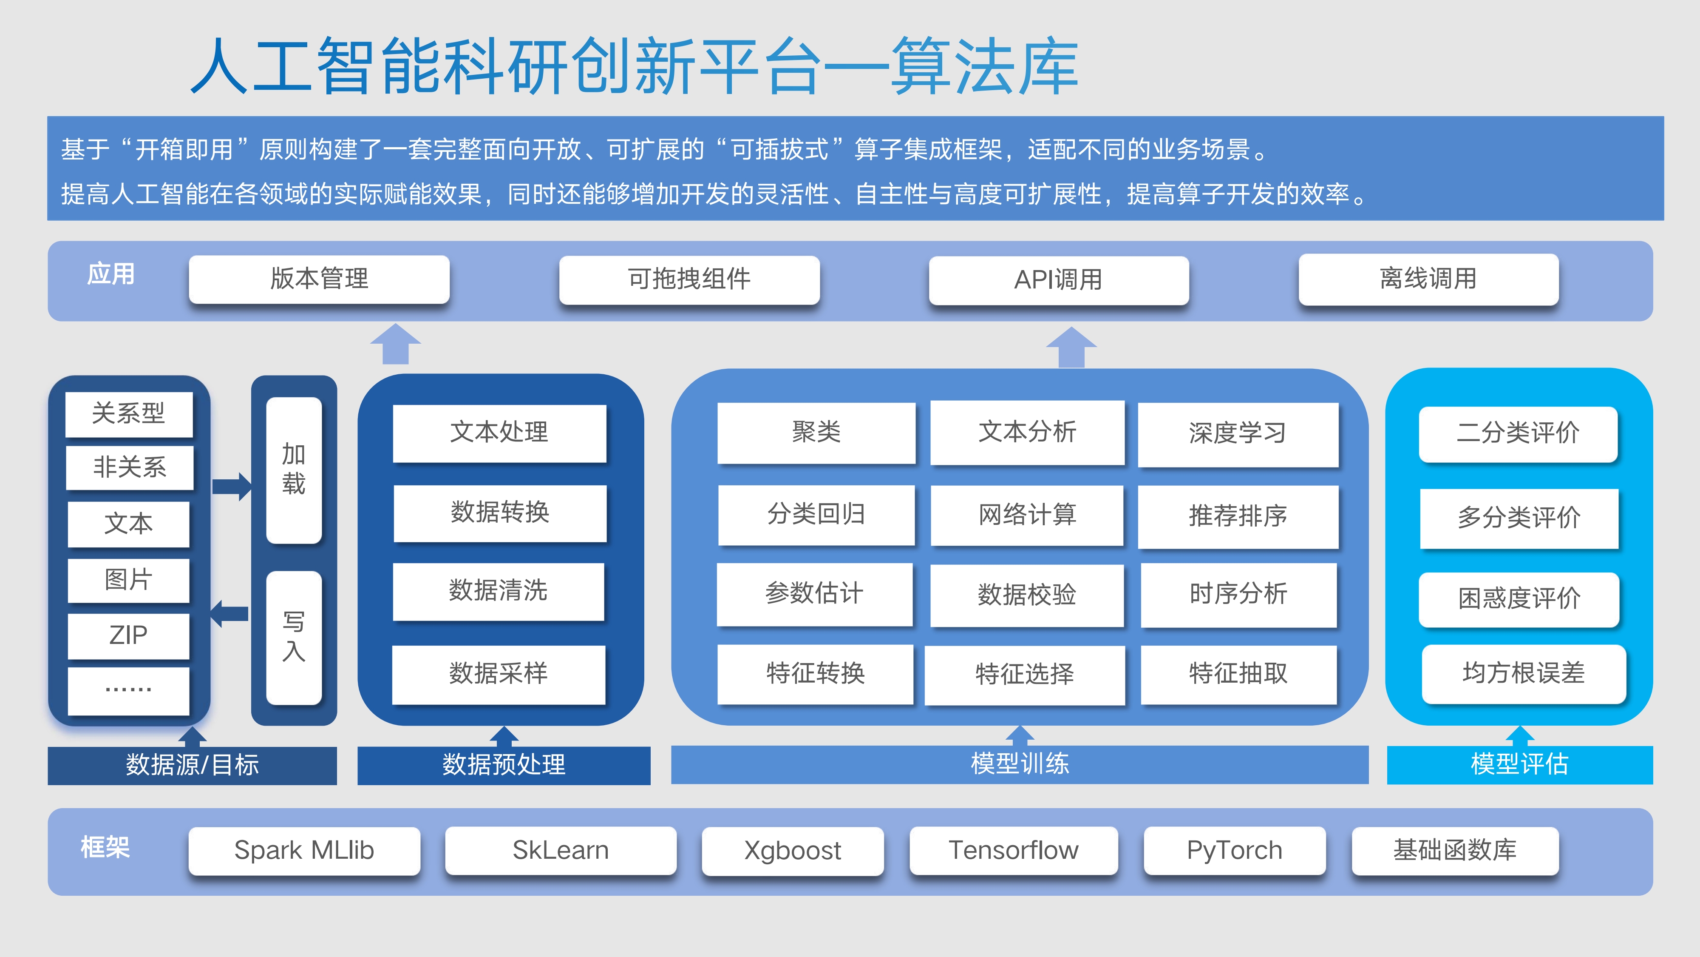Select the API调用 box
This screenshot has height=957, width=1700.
(x=1059, y=280)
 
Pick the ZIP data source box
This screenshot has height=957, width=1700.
(x=129, y=635)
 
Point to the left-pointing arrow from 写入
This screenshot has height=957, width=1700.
(x=229, y=614)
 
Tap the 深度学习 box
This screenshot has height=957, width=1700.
(x=1238, y=434)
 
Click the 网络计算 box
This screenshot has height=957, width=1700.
(x=1027, y=515)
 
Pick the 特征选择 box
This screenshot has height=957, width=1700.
(x=1025, y=674)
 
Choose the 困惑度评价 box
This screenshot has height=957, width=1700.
(x=1519, y=599)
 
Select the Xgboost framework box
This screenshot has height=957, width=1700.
(x=793, y=851)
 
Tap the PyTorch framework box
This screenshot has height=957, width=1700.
(x=1235, y=851)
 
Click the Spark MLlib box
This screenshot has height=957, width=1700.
(x=304, y=851)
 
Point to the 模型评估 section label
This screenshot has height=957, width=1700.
(x=1520, y=765)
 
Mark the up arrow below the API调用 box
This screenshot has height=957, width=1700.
(x=1072, y=347)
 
